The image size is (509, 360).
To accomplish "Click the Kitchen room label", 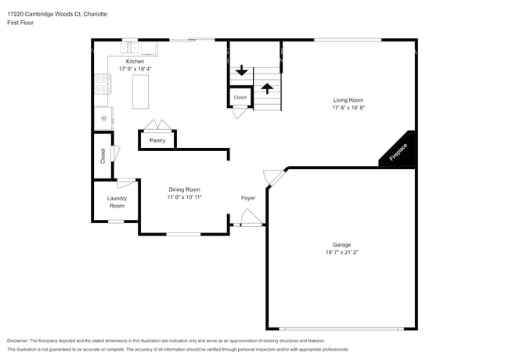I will pos(135,61).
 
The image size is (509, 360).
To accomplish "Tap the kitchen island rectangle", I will pos(141,91).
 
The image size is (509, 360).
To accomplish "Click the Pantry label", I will pos(157,141).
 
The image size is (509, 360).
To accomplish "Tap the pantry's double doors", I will pos(157,126).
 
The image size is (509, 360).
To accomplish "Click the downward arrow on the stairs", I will pos(242,71).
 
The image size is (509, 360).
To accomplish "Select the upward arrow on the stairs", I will pos(266,88).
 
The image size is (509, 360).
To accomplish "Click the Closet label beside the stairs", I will pos(240,98).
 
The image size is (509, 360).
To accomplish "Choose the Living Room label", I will pos(348,100).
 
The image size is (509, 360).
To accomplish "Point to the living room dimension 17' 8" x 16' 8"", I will pos(348,108).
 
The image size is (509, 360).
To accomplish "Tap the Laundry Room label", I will pos(117,202).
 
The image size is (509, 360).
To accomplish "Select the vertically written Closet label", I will pos(103,156).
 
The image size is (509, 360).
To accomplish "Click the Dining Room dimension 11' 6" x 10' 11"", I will pos(184,197).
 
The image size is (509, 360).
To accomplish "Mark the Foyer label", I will pos(247,197).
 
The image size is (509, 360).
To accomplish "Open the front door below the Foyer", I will pos(250,219).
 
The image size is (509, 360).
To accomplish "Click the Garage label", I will pos(341,244).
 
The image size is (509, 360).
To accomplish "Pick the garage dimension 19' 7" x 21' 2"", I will pos(341,252).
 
